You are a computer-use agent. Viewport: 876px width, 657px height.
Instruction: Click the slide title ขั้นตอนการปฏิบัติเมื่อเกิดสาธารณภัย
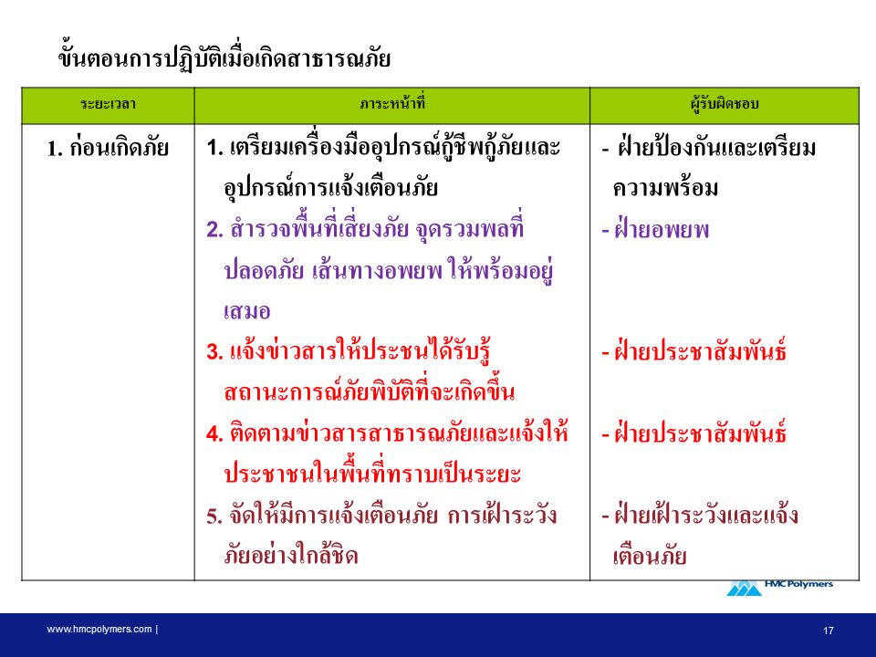click(224, 57)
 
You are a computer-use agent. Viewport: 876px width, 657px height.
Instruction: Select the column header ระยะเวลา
click(108, 104)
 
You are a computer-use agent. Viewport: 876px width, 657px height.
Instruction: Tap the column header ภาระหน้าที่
click(392, 103)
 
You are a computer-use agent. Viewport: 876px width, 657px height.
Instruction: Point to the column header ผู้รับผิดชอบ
click(724, 103)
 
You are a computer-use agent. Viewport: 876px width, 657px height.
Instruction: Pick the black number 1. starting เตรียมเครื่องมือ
click(214, 148)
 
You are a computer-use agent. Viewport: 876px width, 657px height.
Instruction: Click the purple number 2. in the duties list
click(214, 230)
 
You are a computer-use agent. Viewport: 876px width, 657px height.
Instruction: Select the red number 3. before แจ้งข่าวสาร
click(214, 352)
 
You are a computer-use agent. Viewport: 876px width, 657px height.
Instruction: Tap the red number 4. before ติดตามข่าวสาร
click(214, 433)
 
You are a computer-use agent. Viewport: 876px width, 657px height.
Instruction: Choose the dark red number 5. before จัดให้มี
click(214, 516)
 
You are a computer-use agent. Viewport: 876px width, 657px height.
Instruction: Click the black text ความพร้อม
click(665, 188)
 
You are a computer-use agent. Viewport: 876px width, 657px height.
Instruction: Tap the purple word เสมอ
click(247, 311)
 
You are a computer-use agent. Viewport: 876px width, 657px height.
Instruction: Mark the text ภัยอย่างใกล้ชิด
click(290, 556)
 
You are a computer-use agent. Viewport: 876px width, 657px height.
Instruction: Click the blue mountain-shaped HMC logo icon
click(745, 589)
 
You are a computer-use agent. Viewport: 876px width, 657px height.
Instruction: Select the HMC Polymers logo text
click(798, 584)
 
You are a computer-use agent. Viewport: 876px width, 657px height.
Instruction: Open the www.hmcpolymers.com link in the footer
click(99, 629)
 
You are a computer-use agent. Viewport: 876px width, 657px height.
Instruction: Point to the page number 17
click(829, 631)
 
